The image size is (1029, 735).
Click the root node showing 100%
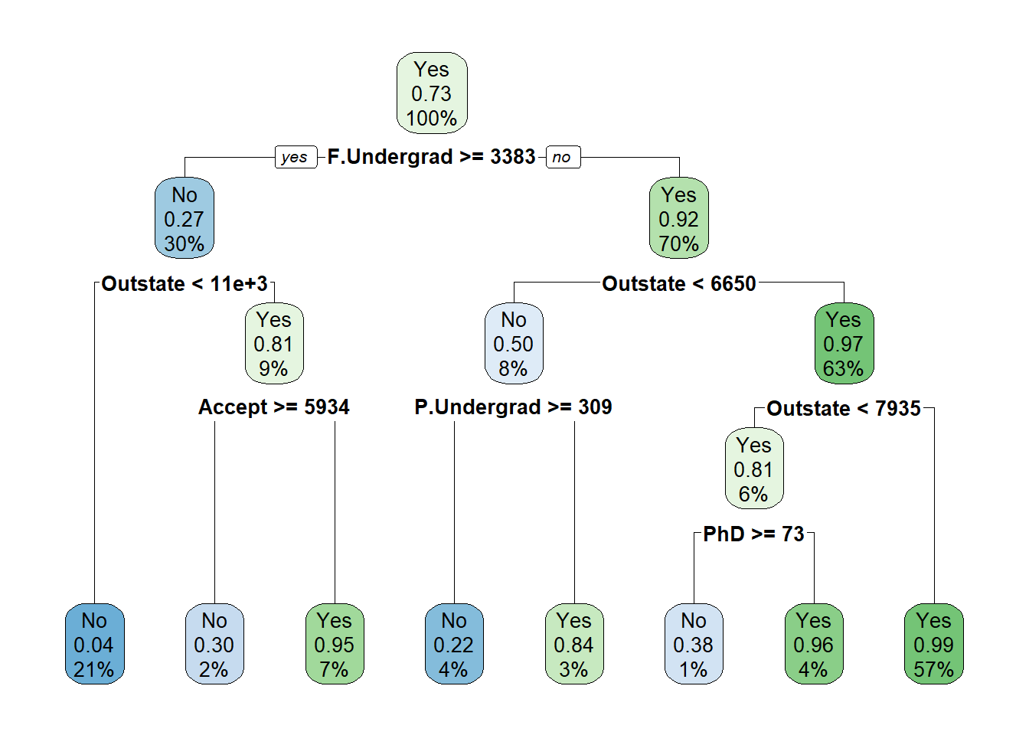pyautogui.click(x=432, y=93)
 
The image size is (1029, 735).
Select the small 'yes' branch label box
pyautogui.click(x=296, y=157)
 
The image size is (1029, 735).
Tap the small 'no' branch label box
pyautogui.click(x=563, y=157)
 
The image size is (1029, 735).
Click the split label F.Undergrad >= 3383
pyautogui.click(x=431, y=157)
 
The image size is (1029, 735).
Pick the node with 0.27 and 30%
pyautogui.click(x=185, y=218)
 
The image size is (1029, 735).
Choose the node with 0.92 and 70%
pyautogui.click(x=679, y=218)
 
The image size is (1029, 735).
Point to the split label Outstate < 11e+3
pyautogui.click(x=185, y=283)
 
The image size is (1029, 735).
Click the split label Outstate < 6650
pyautogui.click(x=679, y=283)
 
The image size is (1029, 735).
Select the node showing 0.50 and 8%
pyautogui.click(x=514, y=343)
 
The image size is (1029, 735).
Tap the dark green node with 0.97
pyautogui.click(x=844, y=343)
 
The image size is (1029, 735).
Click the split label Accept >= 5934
pyautogui.click(x=274, y=407)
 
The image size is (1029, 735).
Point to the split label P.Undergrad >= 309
pyautogui.click(x=513, y=407)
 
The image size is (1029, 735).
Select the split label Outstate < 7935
pyautogui.click(x=844, y=408)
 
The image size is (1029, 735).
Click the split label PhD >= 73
pyautogui.click(x=754, y=534)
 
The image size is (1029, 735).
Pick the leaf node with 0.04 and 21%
pyautogui.click(x=95, y=644)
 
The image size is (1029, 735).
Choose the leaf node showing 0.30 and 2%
pyautogui.click(x=214, y=644)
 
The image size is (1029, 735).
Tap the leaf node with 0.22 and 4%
pyautogui.click(x=454, y=644)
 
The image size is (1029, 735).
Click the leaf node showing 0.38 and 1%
pyautogui.click(x=694, y=644)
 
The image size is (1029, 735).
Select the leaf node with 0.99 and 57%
pyautogui.click(x=934, y=644)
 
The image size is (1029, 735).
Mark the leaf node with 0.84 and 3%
pyautogui.click(x=574, y=644)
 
